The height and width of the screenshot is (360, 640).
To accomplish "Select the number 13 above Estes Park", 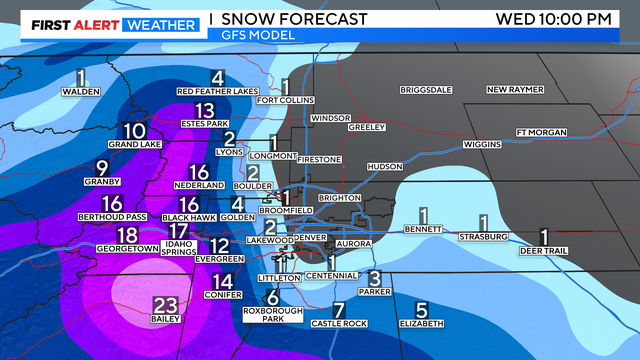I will pos(205,110).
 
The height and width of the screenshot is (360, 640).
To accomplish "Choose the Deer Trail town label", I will pos(544,251).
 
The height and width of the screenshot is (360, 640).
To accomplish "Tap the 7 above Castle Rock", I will pos(338,310).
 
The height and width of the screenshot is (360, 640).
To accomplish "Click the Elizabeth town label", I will pos(421,324).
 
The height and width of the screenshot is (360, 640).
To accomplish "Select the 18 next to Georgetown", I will pos(127,234).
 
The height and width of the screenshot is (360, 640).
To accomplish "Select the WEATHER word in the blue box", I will pos(160,18).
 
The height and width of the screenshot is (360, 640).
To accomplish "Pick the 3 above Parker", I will pos(374,277).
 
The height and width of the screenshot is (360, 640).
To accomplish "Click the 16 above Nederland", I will pos(198,172).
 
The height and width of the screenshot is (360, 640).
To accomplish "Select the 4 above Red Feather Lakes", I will pos(216,78).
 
